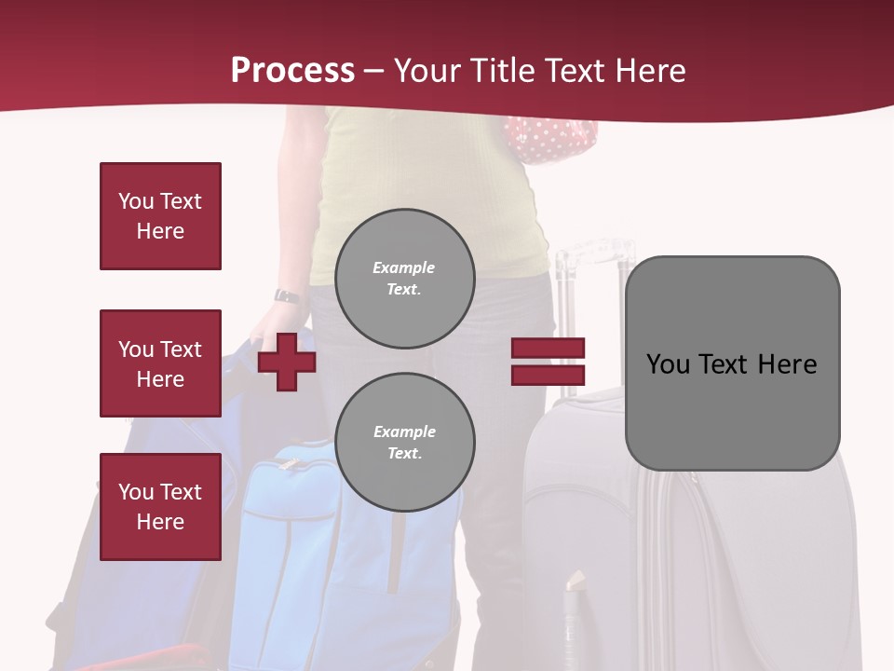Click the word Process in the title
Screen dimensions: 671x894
pyautogui.click(x=292, y=71)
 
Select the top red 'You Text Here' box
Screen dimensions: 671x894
pyautogui.click(x=160, y=216)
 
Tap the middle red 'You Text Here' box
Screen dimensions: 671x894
pyautogui.click(x=160, y=363)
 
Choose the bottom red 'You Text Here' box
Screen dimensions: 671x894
pyautogui.click(x=160, y=507)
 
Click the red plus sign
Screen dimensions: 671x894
pyautogui.click(x=287, y=362)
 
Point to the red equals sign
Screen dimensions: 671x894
pyautogui.click(x=548, y=362)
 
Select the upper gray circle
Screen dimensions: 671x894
pyautogui.click(x=404, y=279)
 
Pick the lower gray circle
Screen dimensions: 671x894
pyautogui.click(x=404, y=443)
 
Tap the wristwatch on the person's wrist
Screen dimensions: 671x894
pyautogui.click(x=287, y=296)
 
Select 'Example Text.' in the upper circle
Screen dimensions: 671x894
pyautogui.click(x=404, y=279)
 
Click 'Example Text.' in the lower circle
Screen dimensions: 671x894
pyautogui.click(x=404, y=443)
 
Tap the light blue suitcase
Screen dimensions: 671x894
pyautogui.click(x=289, y=541)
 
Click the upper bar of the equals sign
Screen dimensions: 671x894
pyautogui.click(x=548, y=349)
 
